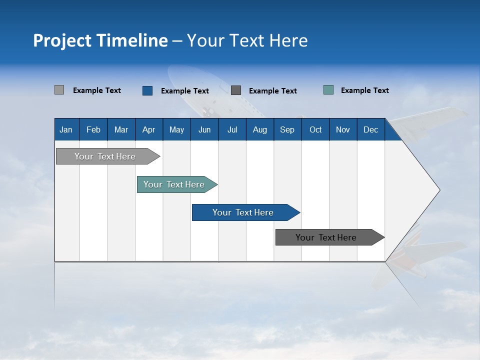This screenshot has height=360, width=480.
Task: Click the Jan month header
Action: click(x=66, y=129)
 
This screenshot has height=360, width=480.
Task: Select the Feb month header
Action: click(x=93, y=129)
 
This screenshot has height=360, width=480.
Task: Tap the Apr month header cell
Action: click(x=149, y=129)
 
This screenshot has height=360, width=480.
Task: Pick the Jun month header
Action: click(x=204, y=129)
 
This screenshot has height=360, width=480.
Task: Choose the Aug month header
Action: click(x=260, y=129)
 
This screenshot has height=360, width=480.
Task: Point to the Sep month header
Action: click(x=287, y=129)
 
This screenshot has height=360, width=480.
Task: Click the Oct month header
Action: click(x=315, y=129)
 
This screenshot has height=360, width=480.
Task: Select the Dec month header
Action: click(x=371, y=129)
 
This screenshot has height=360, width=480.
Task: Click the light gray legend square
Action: click(x=59, y=90)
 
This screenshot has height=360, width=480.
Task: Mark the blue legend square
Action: click(x=147, y=90)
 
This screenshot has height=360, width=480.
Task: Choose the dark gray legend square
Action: click(x=236, y=90)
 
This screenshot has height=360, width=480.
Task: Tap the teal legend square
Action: click(x=328, y=90)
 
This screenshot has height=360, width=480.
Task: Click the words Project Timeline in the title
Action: click(x=100, y=40)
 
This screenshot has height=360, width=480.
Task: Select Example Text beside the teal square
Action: click(x=365, y=90)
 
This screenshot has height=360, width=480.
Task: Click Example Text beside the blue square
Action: click(x=185, y=91)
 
